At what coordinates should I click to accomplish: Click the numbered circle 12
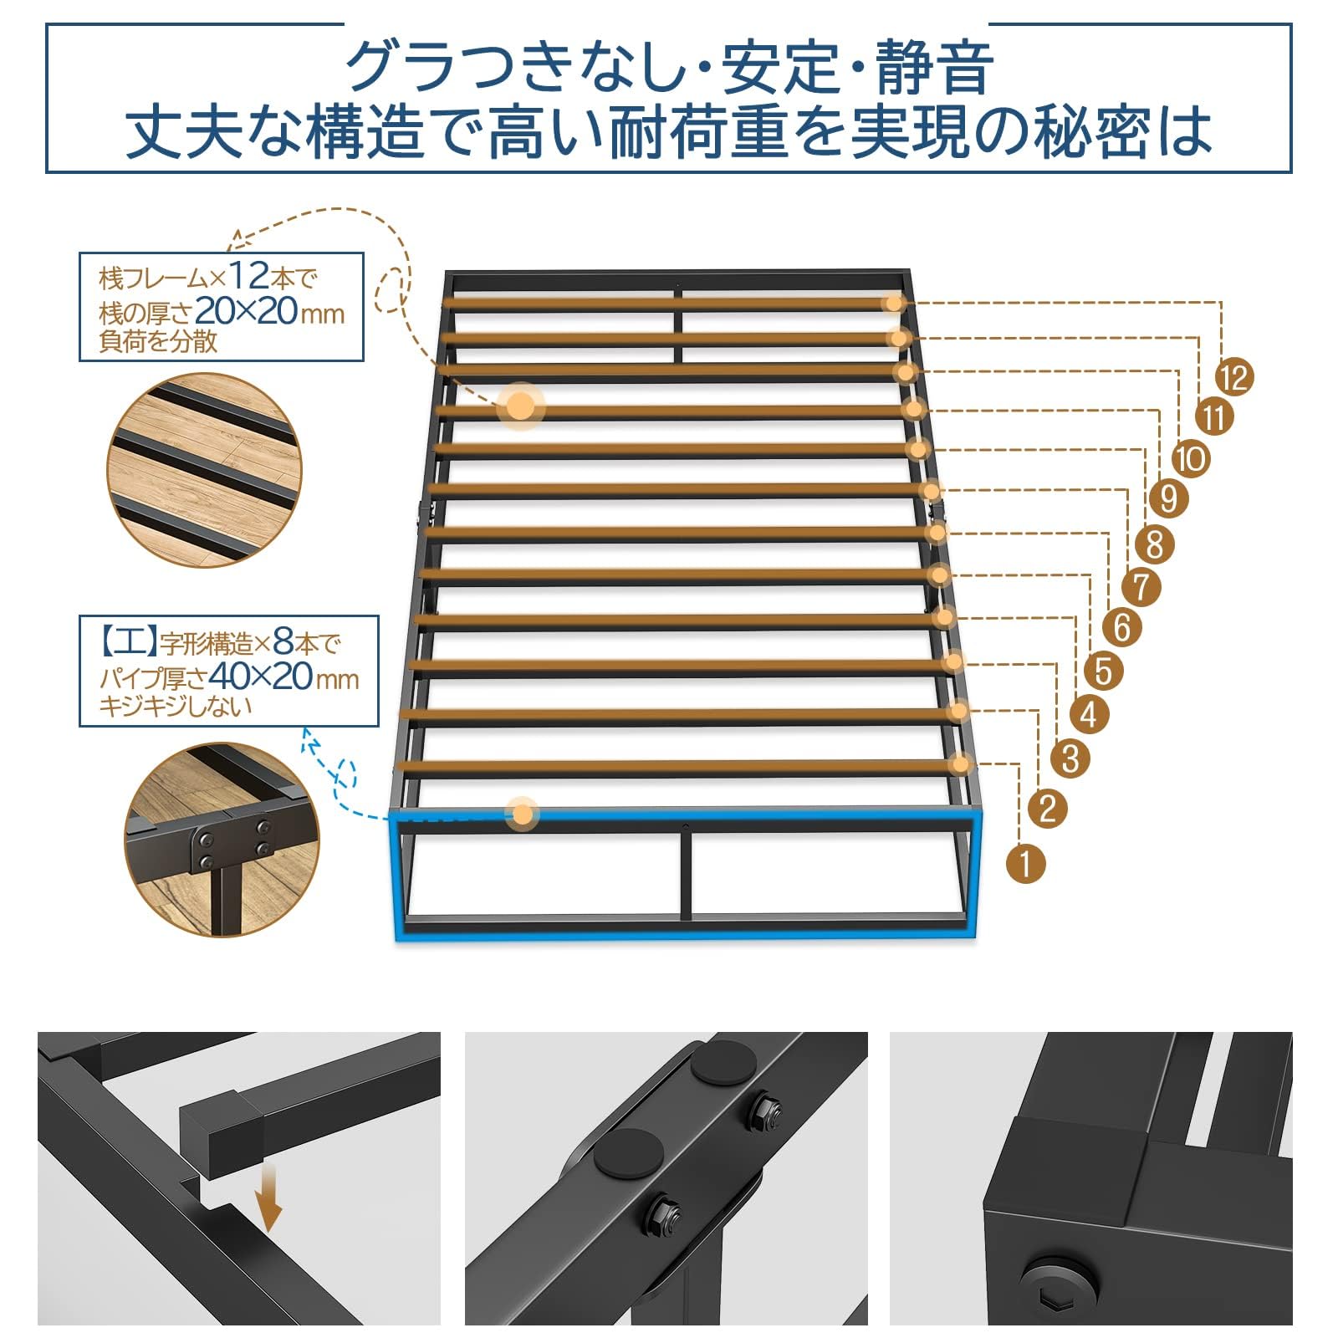tap(1234, 377)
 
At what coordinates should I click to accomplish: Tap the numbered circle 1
tap(1026, 862)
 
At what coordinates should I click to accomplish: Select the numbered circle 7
tap(1141, 586)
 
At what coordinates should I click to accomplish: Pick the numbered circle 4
tap(1088, 715)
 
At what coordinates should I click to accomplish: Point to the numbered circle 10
tap(1191, 458)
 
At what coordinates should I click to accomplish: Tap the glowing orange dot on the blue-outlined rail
tap(523, 813)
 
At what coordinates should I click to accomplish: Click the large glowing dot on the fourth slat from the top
tap(520, 407)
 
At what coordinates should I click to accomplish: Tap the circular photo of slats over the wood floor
tap(203, 470)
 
